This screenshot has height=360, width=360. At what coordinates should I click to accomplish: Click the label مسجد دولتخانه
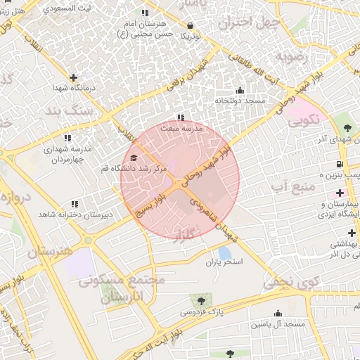point(240,101)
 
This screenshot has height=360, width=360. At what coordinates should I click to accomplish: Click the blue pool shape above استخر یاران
point(224,252)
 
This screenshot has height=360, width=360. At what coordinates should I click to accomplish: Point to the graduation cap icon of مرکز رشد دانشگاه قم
point(134,158)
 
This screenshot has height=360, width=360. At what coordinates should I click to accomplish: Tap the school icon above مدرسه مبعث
point(181,118)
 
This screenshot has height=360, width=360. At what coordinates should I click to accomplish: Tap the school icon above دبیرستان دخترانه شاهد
point(75,204)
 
